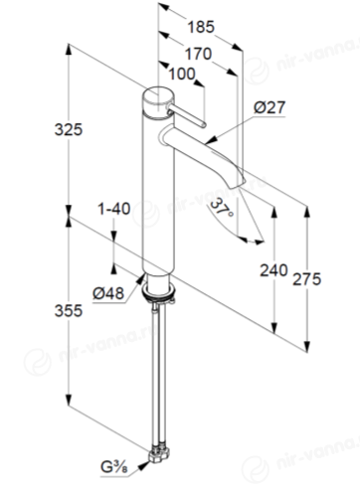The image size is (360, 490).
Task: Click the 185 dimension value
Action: (x=201, y=27)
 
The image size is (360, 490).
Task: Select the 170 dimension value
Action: (x=198, y=54)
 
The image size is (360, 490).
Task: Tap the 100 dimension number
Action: (x=182, y=74)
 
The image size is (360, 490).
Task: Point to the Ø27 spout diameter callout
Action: (x=270, y=107)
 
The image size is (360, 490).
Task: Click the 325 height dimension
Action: (x=69, y=129)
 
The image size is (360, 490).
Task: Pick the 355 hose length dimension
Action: (x=69, y=311)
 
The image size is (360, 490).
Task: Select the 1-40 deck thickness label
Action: (x=113, y=209)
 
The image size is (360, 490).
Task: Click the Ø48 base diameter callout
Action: (x=108, y=293)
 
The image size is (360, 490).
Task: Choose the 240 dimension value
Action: (x=273, y=270)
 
